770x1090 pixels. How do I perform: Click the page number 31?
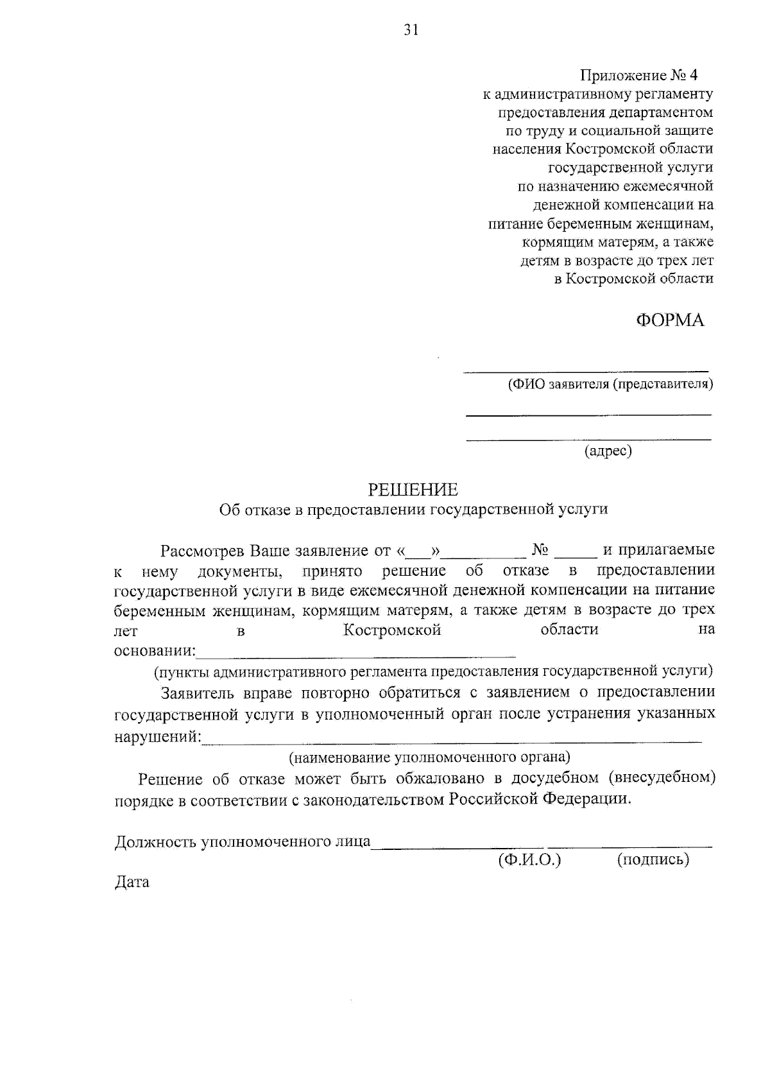tap(411, 30)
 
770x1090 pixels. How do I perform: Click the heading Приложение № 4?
tap(638, 76)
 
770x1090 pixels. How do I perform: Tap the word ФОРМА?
tap(670, 320)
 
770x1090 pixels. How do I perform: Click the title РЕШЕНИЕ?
tap(413, 490)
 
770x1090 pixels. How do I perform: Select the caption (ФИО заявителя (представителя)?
tap(610, 385)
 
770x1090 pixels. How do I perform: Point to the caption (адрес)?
tap(608, 451)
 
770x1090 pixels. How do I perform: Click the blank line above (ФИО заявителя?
tap(586, 371)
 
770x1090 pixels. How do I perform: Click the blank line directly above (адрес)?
tap(588, 439)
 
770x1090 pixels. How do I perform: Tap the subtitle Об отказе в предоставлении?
tap(413, 509)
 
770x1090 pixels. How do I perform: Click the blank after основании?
tap(356, 656)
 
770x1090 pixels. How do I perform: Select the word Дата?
tap(132, 883)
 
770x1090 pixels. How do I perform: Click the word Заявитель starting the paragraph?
tap(198, 693)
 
